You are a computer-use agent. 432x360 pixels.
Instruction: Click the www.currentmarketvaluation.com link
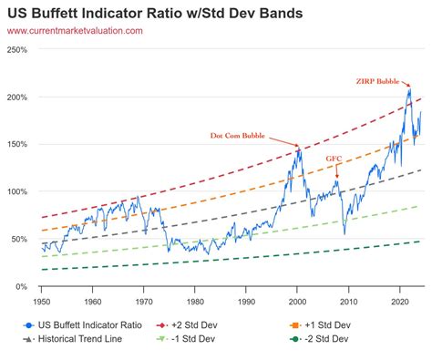point(75,31)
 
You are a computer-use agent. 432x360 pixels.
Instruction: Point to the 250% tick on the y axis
point(17,50)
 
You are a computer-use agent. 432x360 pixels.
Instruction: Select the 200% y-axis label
point(17,98)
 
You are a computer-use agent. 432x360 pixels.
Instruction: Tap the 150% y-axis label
point(17,145)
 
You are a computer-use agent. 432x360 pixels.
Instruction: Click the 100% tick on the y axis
point(17,192)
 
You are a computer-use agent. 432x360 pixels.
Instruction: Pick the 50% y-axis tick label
point(19,240)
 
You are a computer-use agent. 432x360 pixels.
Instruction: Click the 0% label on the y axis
point(22,287)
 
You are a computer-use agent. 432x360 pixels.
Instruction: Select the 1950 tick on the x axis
point(42,299)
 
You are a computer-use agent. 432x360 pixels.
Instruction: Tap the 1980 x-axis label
point(197,299)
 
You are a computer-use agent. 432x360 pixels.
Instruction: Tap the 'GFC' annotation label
point(334,158)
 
